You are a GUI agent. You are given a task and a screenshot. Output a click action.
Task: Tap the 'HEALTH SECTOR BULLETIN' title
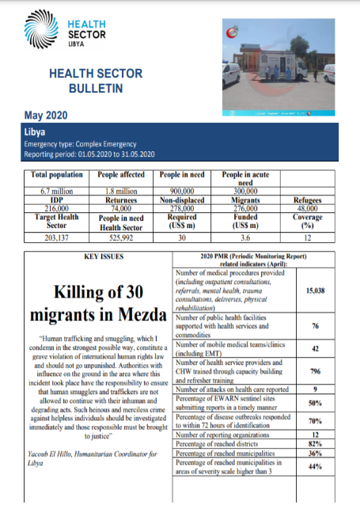(x=85, y=81)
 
